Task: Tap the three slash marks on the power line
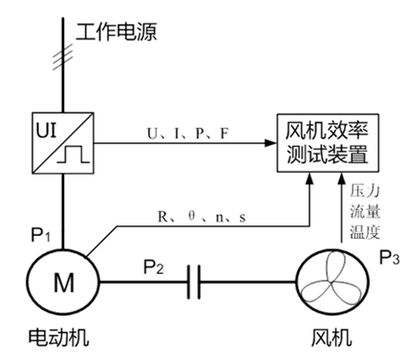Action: point(65,63)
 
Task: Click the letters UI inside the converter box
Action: point(49,127)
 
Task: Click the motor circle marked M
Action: point(63,282)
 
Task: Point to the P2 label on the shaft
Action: point(154,267)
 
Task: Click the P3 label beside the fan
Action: point(390,256)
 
